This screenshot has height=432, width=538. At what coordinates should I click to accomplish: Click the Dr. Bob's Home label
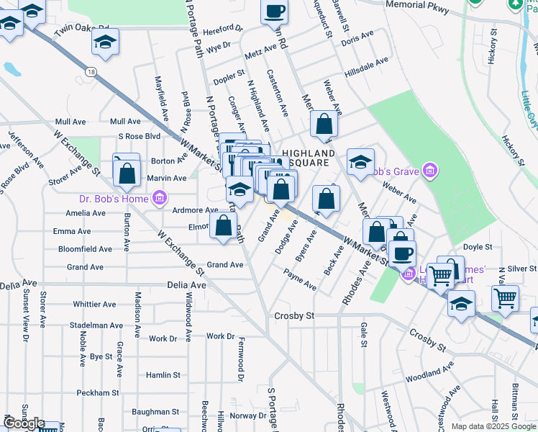pos(114,199)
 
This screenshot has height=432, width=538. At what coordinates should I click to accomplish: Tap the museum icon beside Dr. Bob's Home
pos(160,198)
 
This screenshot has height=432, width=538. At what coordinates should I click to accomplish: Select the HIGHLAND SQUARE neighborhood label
pos(308,158)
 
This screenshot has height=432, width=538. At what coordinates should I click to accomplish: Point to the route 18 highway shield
pos(90,71)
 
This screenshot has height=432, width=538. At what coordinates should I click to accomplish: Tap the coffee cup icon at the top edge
pos(274,12)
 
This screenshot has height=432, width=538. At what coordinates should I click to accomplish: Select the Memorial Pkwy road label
pos(417,7)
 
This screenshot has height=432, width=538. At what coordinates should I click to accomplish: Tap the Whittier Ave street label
pos(94,305)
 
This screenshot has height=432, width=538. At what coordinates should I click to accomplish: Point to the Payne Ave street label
pos(299,279)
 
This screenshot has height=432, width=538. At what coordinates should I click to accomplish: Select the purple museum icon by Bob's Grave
pos(429,171)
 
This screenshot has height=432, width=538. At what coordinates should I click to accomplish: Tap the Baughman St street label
pos(155,412)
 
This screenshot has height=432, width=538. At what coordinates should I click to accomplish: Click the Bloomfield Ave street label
pos(86,249)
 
